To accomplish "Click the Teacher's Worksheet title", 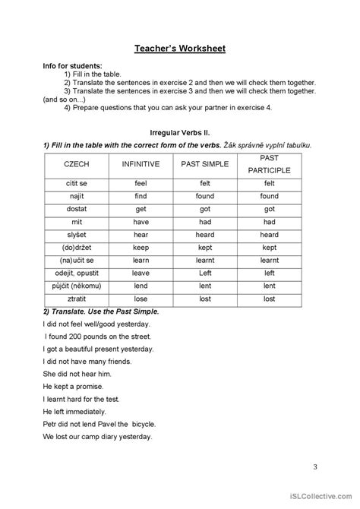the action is click(180, 49).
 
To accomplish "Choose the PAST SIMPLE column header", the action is click(205, 163).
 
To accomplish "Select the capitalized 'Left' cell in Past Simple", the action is click(205, 273).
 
